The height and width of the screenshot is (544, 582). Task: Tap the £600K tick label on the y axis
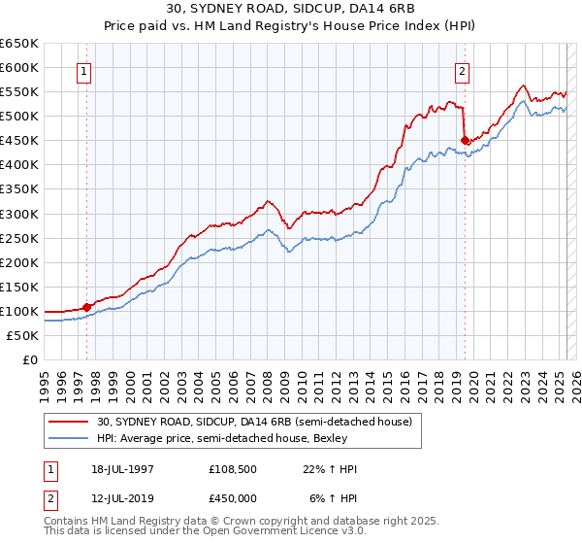point(19,67)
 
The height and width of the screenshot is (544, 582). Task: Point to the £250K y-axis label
point(19,238)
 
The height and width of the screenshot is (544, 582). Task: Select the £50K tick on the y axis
point(23,335)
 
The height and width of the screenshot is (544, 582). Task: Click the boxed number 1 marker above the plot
point(85,71)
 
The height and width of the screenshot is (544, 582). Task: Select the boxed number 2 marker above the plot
point(463,71)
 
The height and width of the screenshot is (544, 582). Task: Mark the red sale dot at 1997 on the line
point(86,306)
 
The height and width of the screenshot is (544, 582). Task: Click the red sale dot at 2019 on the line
point(465,140)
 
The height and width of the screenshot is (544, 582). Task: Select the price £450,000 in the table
point(234,499)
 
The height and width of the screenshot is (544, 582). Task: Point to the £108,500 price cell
point(234,469)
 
